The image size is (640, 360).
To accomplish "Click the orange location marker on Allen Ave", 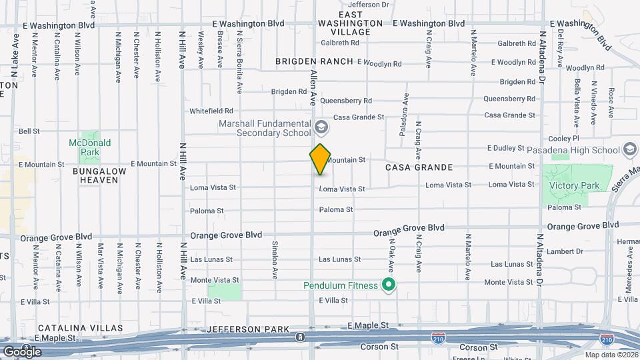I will (320, 159).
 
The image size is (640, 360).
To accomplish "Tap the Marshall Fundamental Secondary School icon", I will (321, 127).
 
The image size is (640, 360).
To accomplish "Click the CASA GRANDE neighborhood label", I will (419, 167).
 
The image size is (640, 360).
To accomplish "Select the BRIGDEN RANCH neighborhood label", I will (314, 61).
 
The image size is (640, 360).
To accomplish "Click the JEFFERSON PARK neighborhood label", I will (248, 329).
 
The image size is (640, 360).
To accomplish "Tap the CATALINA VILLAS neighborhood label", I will (80, 328).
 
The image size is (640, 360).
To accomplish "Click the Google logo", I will (21, 351).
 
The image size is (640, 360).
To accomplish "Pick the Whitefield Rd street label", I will (211, 111).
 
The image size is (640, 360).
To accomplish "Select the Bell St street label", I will (30, 131).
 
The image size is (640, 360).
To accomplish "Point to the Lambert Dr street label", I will (565, 251).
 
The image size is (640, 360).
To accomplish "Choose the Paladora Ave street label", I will (403, 114).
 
